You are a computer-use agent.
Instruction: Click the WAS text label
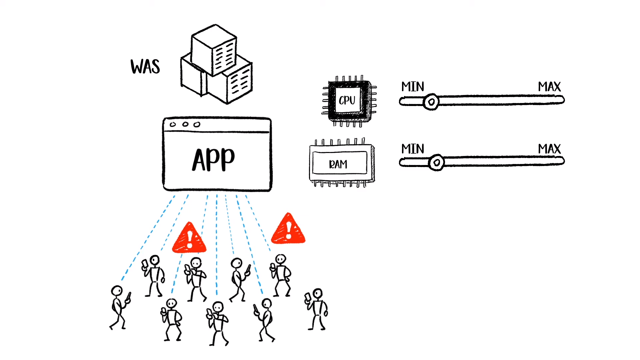(145, 66)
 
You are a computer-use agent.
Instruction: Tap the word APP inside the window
(213, 160)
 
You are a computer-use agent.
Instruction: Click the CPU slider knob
(431, 101)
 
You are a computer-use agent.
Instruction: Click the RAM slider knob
(436, 163)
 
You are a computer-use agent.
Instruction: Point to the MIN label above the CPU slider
(413, 87)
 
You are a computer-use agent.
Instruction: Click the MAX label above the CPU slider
(549, 87)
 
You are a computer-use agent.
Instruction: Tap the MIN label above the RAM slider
(413, 149)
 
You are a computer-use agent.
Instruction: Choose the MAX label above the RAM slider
(549, 149)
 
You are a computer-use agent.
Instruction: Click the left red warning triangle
(189, 238)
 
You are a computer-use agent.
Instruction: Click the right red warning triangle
(288, 229)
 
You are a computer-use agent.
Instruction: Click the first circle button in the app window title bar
(173, 125)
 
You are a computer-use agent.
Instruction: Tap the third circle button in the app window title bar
(197, 124)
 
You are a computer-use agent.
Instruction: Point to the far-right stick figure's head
(318, 293)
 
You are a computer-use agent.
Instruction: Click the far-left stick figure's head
(117, 291)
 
